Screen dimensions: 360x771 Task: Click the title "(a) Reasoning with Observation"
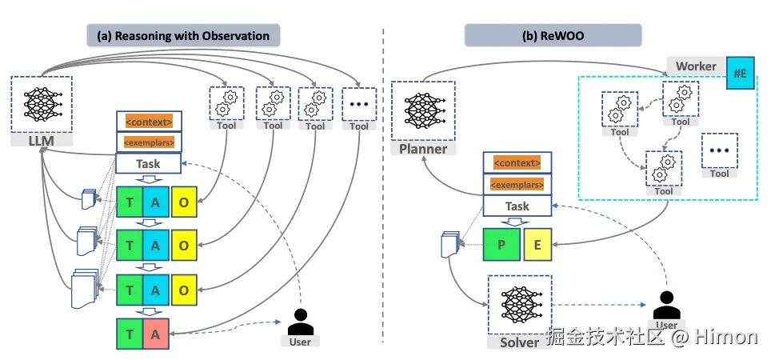click(184, 35)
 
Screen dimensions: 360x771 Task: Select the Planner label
click(423, 149)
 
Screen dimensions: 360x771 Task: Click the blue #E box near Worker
click(739, 74)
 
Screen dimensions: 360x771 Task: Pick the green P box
click(501, 244)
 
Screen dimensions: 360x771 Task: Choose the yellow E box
click(537, 244)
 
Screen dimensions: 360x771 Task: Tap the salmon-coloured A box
click(156, 333)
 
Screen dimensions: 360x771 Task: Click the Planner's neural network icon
click(422, 111)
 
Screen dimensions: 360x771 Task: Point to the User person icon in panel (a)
click(300, 322)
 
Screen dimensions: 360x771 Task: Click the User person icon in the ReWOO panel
click(665, 306)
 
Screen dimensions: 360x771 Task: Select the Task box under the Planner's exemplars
click(517, 206)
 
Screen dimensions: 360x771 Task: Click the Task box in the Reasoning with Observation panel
click(149, 163)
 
